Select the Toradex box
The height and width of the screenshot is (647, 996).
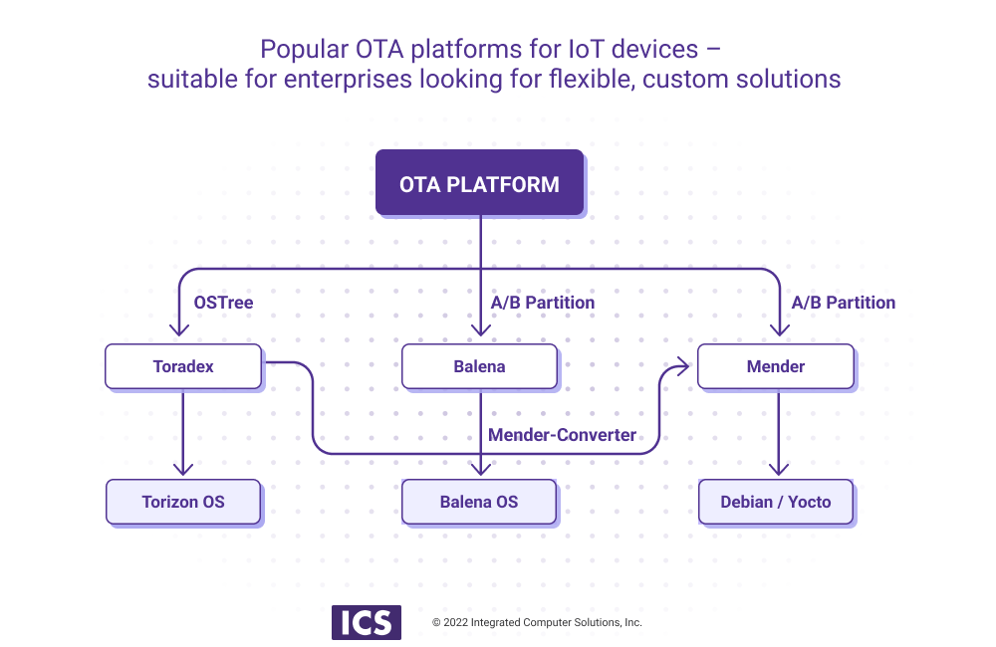pos(183,366)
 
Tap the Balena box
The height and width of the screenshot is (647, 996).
pos(479,366)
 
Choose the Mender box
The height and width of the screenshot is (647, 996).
pos(775,366)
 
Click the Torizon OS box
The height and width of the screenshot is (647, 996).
pos(183,502)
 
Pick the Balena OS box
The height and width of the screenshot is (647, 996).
pos(479,502)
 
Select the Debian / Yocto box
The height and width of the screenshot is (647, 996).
pos(775,502)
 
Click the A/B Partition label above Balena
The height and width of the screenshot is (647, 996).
pos(543,303)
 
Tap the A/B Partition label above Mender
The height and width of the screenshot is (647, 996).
pos(843,303)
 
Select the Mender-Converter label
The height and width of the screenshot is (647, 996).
pos(562,435)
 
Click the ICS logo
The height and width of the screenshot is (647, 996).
pos(367,622)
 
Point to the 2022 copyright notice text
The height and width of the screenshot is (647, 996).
pos(537,622)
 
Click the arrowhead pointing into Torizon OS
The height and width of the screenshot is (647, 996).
pos(182,470)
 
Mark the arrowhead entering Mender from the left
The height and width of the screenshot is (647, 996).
pos(687,366)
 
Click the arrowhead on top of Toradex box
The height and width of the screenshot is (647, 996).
pos(179,332)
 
